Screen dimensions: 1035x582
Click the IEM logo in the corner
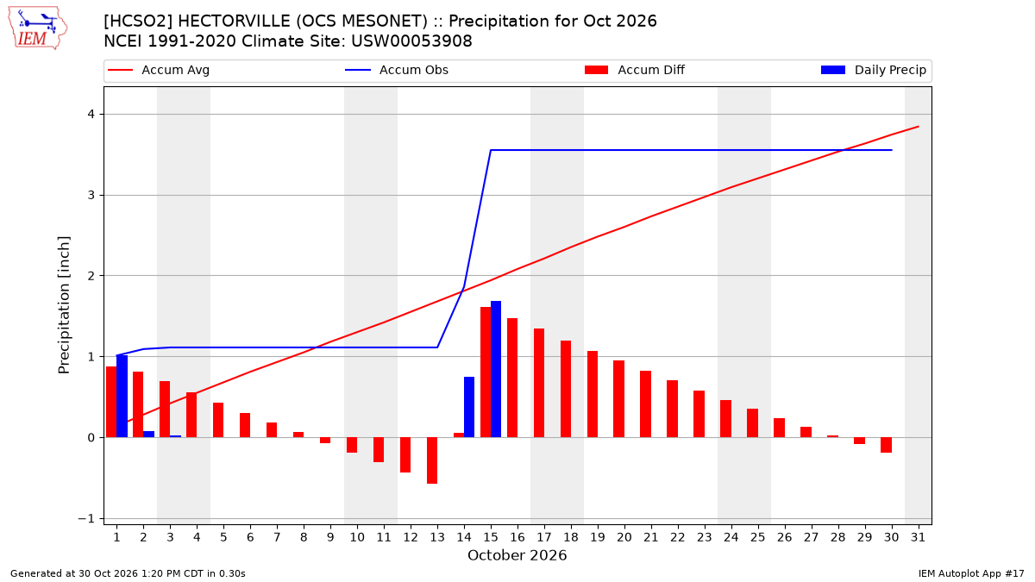click(x=38, y=28)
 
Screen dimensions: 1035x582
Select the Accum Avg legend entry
click(x=159, y=70)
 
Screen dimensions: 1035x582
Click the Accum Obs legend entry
click(x=397, y=70)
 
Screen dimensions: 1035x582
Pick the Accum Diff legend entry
click(x=635, y=70)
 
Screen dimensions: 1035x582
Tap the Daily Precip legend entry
click(x=873, y=70)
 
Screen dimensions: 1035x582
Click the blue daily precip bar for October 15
click(x=496, y=369)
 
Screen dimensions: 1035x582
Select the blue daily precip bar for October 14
click(x=469, y=407)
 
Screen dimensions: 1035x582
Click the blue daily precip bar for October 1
click(x=122, y=397)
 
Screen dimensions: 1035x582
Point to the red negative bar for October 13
click(x=432, y=460)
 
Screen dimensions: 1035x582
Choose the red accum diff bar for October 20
click(x=618, y=399)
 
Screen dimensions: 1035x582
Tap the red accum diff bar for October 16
click(x=512, y=378)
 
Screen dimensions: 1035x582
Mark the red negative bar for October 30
click(x=887, y=445)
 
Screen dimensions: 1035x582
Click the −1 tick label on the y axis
click(x=86, y=519)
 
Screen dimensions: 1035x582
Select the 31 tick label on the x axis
click(x=918, y=537)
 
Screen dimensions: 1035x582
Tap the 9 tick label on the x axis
click(x=330, y=537)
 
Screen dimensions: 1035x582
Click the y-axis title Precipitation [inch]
click(x=64, y=305)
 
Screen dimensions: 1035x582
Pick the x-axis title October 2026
click(x=517, y=555)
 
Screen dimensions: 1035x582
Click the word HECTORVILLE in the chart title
click(x=235, y=22)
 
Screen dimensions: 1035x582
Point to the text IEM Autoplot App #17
click(x=971, y=573)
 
